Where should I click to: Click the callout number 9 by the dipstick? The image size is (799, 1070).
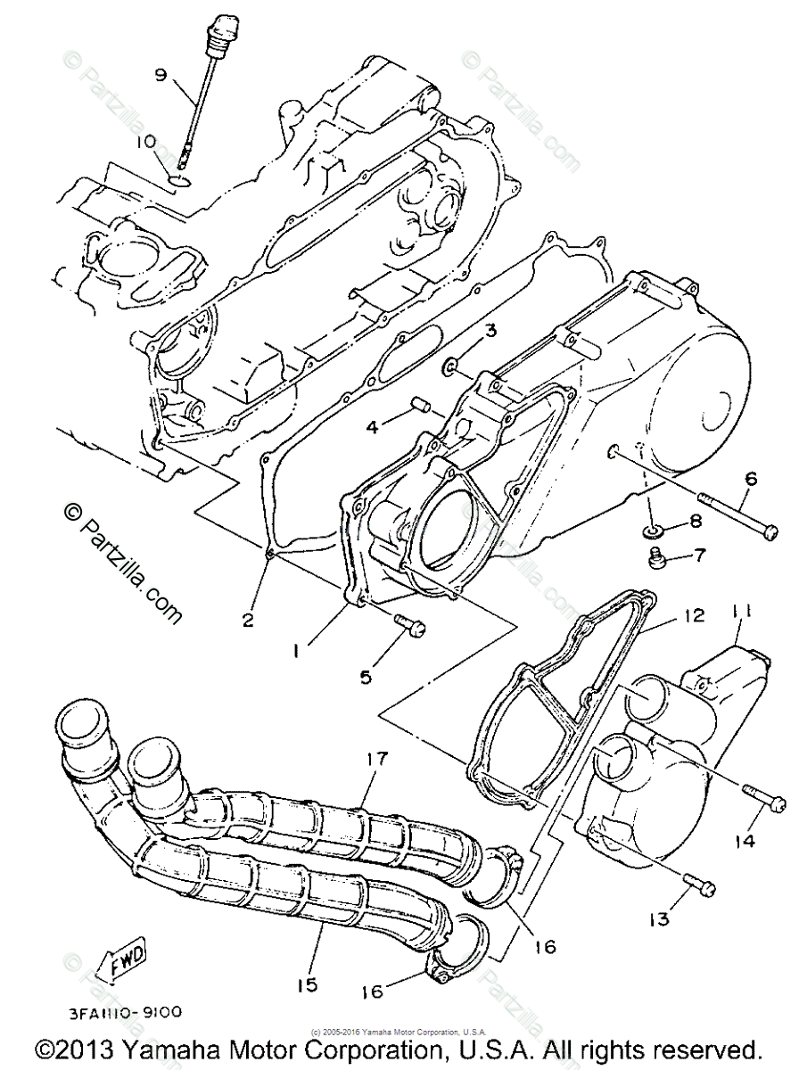pos(161,75)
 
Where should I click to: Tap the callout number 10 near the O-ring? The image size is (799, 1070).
pos(146,141)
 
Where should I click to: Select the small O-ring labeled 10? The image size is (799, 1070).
pos(179,182)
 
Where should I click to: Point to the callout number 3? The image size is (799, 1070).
pos(490,333)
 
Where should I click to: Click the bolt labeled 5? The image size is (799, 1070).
pos(413,626)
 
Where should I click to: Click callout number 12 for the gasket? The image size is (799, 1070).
pos(694,615)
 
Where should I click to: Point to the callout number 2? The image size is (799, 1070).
pos(248,619)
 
